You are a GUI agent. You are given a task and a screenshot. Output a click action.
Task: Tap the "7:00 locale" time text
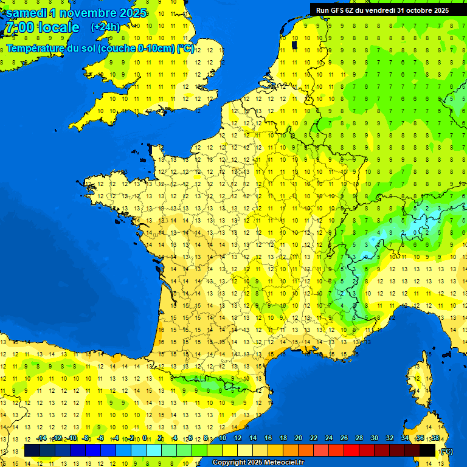click(x=42, y=27)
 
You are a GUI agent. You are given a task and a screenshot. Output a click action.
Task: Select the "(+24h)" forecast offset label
click(x=105, y=27)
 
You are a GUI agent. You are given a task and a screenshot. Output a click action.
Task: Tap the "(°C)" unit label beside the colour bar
click(x=446, y=451)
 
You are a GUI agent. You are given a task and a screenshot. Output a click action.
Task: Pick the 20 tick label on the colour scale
click(x=299, y=438)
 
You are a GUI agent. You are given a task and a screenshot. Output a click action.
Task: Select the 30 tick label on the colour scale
click(x=374, y=438)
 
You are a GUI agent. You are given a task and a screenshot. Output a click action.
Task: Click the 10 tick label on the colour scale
click(x=223, y=438)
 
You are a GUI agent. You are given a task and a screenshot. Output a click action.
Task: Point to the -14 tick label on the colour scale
click(x=41, y=438)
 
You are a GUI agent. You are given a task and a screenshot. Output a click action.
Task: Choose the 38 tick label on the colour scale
click(x=435, y=438)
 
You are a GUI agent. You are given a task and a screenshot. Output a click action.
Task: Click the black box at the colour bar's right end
click(x=428, y=450)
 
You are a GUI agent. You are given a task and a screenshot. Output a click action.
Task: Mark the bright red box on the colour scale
click(x=352, y=450)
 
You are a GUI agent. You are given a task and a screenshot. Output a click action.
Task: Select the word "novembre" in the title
click(x=89, y=13)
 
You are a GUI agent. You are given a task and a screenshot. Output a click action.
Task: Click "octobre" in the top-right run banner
click(x=412, y=10)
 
